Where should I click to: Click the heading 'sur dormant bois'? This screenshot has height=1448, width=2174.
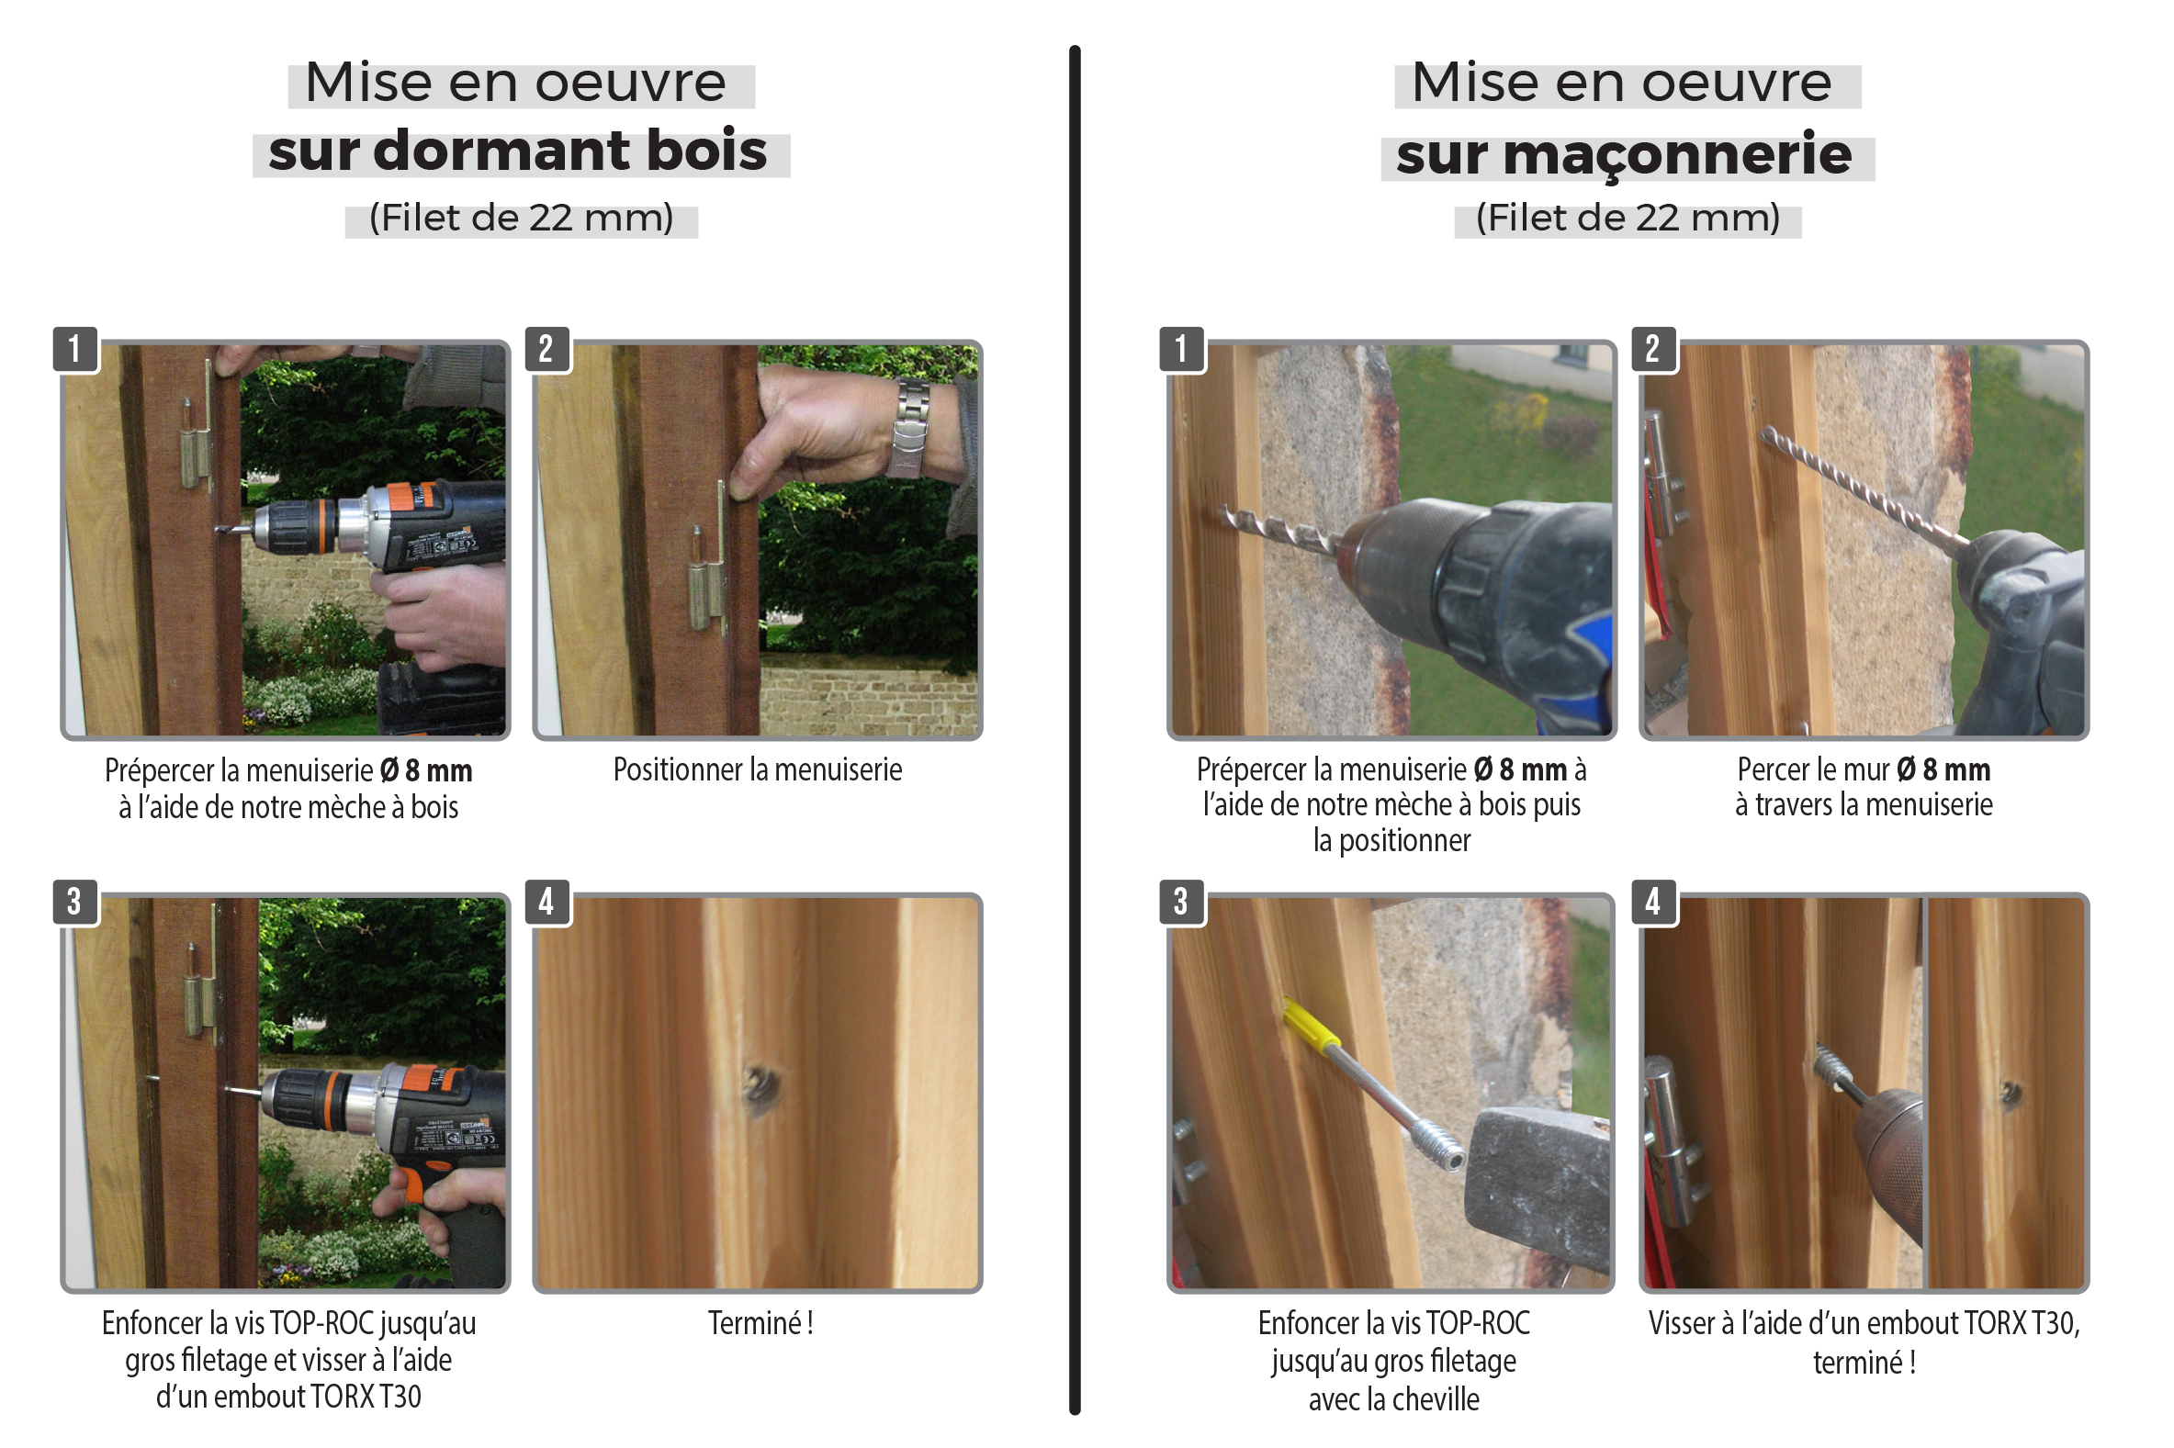tap(517, 152)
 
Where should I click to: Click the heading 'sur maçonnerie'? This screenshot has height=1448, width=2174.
tap(1624, 153)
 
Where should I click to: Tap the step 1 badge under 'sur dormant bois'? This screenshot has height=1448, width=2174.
tap(74, 349)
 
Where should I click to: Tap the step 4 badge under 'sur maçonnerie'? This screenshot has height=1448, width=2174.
tap(1652, 902)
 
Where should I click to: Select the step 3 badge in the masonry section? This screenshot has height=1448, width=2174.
tap(1181, 902)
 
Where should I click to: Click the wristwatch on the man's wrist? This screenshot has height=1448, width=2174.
tap(909, 428)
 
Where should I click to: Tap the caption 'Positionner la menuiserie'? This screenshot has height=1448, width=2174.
tap(758, 770)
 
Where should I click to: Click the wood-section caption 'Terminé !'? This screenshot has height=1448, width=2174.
tap(760, 1323)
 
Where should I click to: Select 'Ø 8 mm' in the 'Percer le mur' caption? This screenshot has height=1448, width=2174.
tap(1943, 769)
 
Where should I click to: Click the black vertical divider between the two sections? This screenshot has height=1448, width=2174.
tap(1075, 730)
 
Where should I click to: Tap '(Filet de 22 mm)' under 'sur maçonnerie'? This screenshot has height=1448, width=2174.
tap(1628, 219)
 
